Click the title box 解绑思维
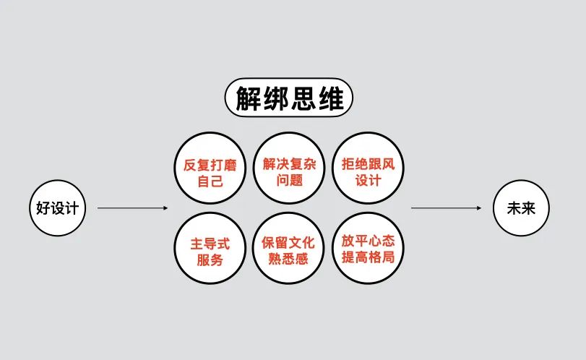point(288,98)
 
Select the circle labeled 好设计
point(58,208)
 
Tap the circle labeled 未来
point(521,208)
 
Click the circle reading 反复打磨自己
point(210,168)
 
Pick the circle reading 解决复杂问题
point(289,168)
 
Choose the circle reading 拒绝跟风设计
point(368,168)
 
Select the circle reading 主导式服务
point(210,248)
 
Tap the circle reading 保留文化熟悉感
point(289,248)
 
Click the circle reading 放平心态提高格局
point(368,248)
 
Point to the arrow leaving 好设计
point(133,208)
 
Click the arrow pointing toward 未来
point(447,208)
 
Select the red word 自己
point(210,181)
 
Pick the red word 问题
point(289,180)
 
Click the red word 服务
point(210,260)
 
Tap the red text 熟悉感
point(288,259)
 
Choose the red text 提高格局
point(368,257)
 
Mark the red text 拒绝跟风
point(368,164)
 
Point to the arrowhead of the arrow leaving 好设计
point(166,208)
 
